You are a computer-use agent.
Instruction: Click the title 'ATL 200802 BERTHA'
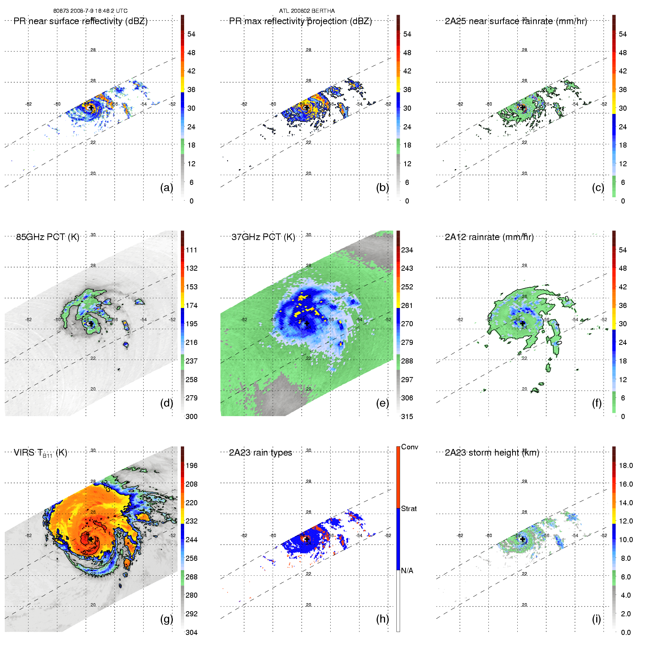(307, 11)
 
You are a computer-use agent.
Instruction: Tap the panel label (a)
(167, 187)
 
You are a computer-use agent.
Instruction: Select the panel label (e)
(382, 403)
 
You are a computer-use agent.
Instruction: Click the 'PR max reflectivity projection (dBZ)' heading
(300, 21)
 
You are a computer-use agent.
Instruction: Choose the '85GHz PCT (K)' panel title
(47, 237)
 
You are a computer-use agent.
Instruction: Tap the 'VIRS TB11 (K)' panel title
(40, 453)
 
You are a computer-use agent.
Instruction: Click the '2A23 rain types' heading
(260, 453)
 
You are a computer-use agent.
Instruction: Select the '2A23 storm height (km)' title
(492, 453)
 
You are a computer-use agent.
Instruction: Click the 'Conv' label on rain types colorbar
(410, 447)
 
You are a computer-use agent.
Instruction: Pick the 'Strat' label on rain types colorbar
(409, 509)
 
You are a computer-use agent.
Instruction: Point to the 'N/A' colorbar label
(407, 571)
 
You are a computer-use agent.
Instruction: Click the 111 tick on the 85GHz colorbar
(191, 250)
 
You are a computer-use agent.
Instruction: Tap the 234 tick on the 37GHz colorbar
(407, 250)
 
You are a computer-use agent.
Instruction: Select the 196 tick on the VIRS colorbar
(191, 465)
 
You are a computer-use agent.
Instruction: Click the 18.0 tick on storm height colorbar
(625, 465)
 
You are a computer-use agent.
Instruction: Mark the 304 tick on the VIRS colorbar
(191, 632)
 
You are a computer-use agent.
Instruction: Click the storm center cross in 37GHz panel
(307, 323)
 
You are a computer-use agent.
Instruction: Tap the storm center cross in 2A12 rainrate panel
(523, 323)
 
